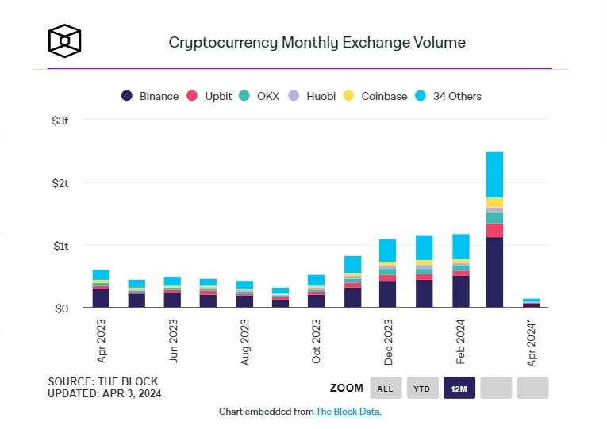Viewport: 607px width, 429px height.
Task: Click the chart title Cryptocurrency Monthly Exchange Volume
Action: pos(317,42)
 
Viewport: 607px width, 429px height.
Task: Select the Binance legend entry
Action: pos(150,96)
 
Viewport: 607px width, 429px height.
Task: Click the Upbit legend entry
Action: pos(209,96)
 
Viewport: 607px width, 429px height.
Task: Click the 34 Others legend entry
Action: pos(450,96)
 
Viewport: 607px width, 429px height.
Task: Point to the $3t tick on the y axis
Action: pos(60,121)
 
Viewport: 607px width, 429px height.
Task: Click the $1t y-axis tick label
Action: pos(60,246)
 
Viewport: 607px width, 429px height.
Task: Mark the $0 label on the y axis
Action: pos(62,308)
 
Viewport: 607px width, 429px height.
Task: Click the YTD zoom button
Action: pos(422,388)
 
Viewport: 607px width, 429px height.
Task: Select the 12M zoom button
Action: pos(459,388)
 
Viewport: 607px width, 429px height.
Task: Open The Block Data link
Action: pos(348,412)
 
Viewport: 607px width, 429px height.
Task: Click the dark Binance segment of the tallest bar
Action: pos(494,272)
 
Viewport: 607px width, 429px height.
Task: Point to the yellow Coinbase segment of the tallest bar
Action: pos(494,202)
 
